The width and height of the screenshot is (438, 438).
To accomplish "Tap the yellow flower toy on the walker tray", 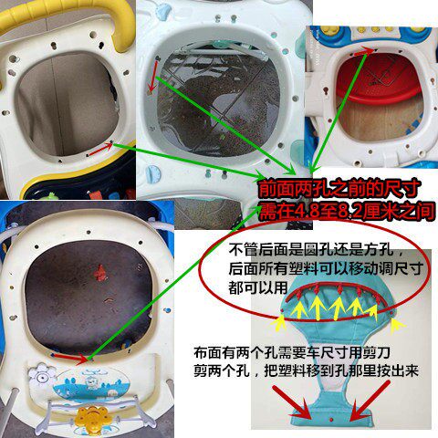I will point(91,417).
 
